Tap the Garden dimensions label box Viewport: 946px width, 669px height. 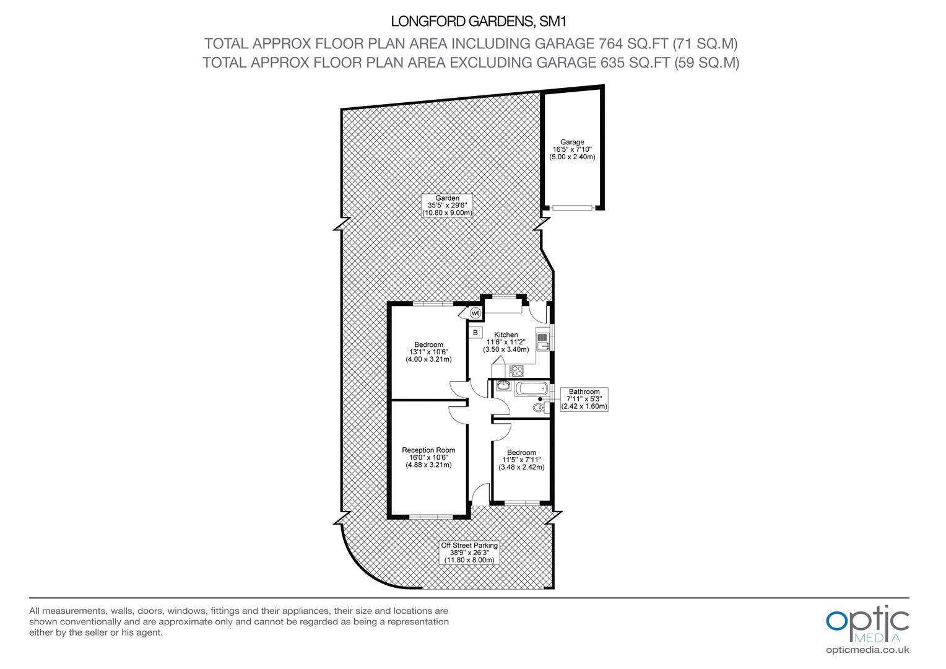tap(447, 206)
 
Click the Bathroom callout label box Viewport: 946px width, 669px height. tap(584, 400)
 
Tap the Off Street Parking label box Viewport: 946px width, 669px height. tap(469, 553)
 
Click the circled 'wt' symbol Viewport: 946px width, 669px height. tap(475, 313)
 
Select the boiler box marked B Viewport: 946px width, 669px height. tap(475, 333)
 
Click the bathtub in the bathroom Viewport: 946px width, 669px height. tap(532, 388)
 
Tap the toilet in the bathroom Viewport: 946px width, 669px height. tap(539, 408)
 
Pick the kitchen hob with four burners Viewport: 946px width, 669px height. tap(516, 370)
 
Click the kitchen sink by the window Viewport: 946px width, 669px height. tap(543, 341)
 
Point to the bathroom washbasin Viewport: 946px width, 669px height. tap(503, 385)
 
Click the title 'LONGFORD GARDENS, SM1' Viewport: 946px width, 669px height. tap(479, 22)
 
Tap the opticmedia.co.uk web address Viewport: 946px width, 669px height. tap(867, 650)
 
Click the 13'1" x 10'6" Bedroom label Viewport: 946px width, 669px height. tap(428, 352)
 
